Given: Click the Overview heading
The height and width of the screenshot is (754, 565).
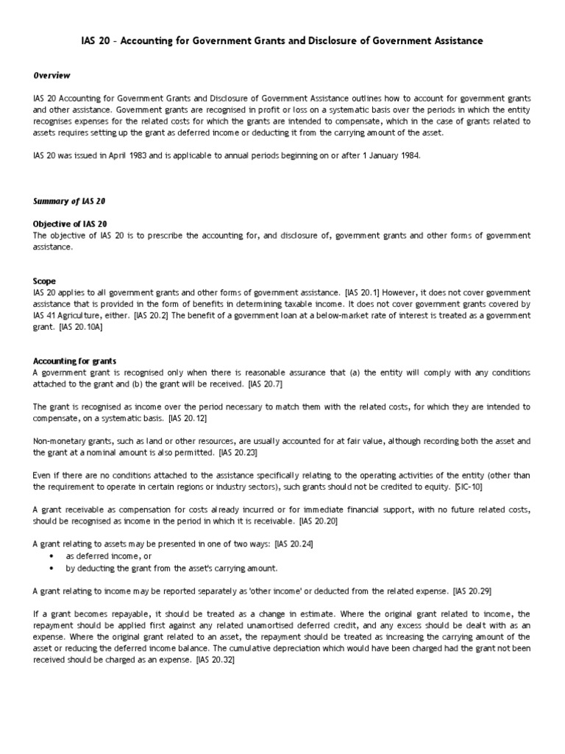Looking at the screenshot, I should click(x=51, y=75).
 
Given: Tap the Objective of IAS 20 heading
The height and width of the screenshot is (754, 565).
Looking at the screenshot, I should click(x=71, y=223).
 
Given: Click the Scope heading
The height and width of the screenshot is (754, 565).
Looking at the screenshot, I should click(x=45, y=281).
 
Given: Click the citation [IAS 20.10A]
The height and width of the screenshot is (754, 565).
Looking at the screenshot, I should click(x=82, y=327).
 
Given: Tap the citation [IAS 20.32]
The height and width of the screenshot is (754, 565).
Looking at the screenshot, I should click(x=218, y=660).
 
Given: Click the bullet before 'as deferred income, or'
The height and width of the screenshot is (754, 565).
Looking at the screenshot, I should click(x=51, y=557).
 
